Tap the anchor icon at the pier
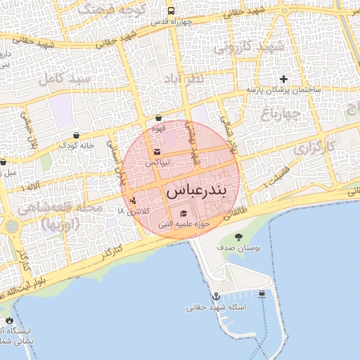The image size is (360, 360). (x=216, y=297)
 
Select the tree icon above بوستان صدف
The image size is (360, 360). (x=239, y=237)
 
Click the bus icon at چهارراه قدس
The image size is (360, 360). (x=171, y=11)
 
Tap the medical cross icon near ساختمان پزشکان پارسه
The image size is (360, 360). (x=283, y=79)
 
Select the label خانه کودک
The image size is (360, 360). (x=76, y=145)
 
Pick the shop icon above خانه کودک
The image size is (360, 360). (x=76, y=134)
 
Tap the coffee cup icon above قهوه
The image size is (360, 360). (x=158, y=118)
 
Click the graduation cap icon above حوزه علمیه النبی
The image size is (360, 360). (x=184, y=214)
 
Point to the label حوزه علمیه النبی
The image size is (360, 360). (x=184, y=225)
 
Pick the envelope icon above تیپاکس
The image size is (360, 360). (x=157, y=153)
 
